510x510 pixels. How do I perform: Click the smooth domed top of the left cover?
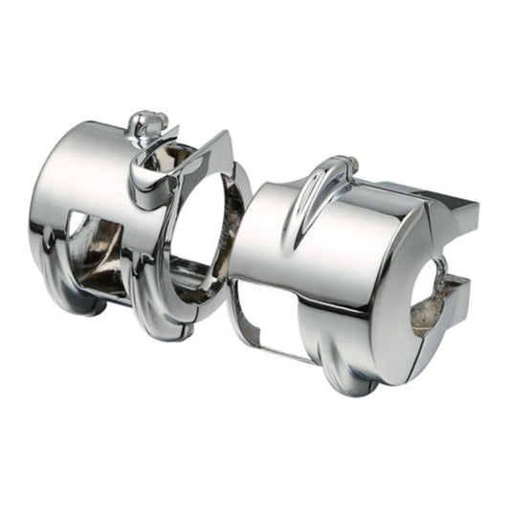(x=86, y=158)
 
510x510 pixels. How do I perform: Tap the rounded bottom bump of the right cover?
(x=349, y=368)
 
